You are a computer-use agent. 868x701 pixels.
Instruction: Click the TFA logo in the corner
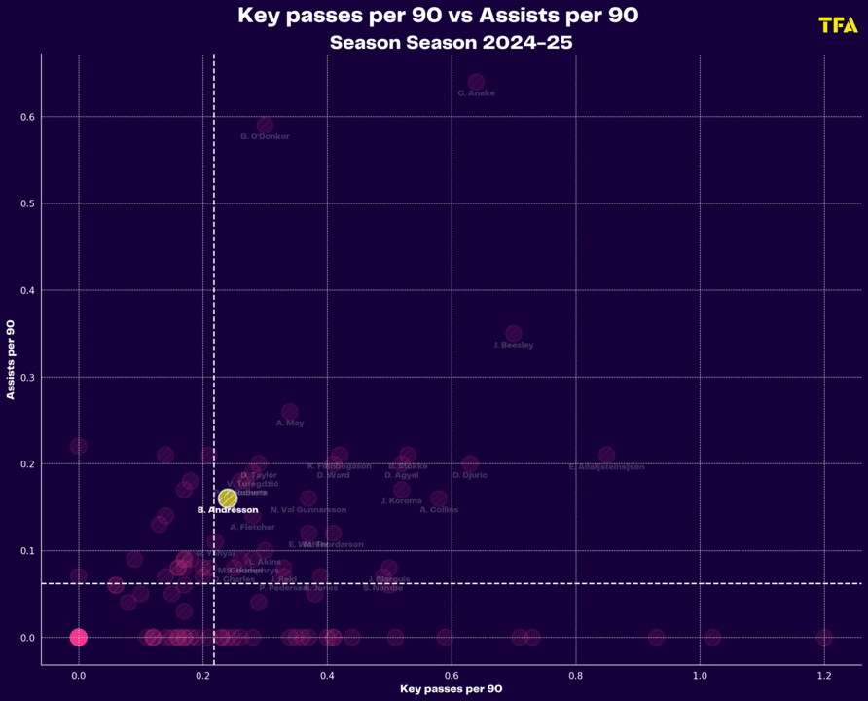tap(838, 25)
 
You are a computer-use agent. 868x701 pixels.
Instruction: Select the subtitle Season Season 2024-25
tap(451, 43)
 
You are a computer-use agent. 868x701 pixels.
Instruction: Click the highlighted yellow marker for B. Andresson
tap(228, 498)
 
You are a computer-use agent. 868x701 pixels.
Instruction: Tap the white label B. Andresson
tap(228, 510)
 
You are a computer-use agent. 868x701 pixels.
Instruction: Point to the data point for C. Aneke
tap(476, 82)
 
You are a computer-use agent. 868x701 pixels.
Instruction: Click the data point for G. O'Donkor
tap(265, 126)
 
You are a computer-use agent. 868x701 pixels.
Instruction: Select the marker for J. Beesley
tap(514, 334)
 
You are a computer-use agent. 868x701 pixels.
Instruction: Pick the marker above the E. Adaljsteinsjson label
tap(607, 455)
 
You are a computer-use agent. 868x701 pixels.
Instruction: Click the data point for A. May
tap(290, 412)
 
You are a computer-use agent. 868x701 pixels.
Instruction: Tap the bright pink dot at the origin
tap(79, 638)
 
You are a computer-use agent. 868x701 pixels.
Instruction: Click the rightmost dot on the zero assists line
tap(824, 638)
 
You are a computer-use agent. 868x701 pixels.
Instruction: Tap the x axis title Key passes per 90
tap(452, 690)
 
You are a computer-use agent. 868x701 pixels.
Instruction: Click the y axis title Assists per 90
tap(11, 359)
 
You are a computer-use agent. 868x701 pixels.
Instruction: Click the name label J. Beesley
tap(514, 346)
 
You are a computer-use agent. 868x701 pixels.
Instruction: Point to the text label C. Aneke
tap(476, 93)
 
